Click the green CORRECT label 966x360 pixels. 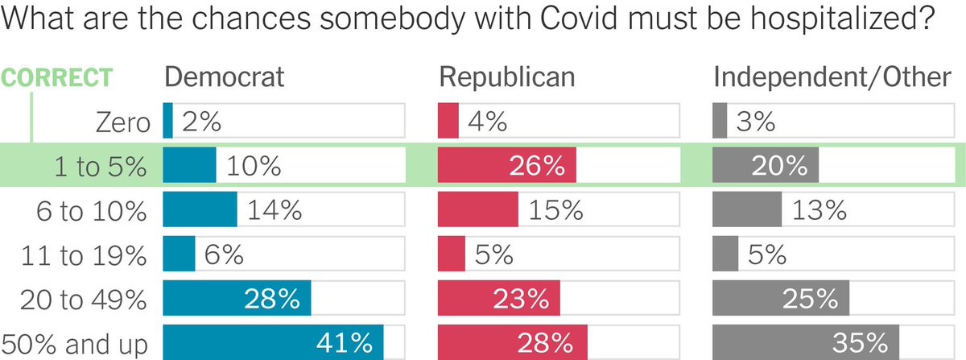(56, 77)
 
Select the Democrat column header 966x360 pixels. (225, 77)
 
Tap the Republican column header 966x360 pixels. (507, 77)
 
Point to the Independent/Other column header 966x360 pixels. (832, 77)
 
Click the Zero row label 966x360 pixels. (123, 122)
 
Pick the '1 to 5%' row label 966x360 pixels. (101, 167)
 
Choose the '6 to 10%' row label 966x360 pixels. (92, 211)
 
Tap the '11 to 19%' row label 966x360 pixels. (84, 255)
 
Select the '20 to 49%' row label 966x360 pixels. (83, 300)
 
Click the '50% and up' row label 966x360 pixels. (75, 345)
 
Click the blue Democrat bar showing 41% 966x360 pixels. (273, 342)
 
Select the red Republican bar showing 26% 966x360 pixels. (506, 165)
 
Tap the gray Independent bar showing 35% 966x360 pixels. (806, 342)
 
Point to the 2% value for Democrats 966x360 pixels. (201, 122)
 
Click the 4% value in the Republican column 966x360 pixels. (487, 122)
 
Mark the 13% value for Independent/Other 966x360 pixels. (819, 210)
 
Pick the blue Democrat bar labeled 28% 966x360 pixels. (237, 298)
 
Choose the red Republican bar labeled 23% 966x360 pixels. (499, 298)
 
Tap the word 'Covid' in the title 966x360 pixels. (579, 19)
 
